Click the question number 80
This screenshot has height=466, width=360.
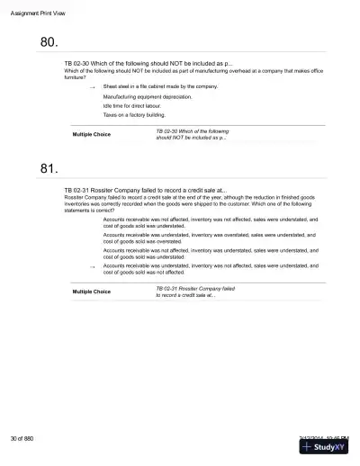click(x=49, y=42)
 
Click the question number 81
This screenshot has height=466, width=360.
click(x=49, y=169)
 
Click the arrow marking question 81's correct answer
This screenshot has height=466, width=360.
click(x=93, y=267)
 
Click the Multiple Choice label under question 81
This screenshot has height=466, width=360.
click(x=91, y=291)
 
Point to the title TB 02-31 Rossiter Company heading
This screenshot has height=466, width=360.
click(x=145, y=192)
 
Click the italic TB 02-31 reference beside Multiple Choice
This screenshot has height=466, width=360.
click(x=194, y=291)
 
